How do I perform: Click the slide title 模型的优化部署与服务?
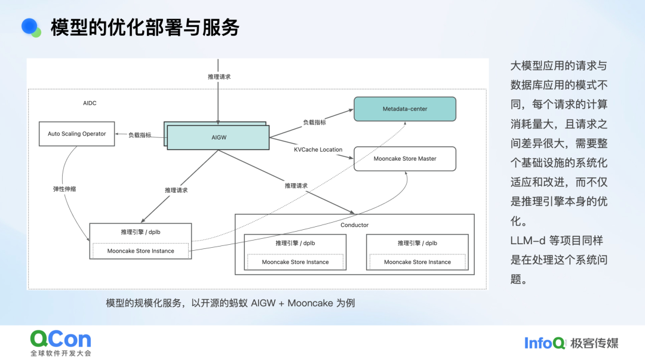coord(145,27)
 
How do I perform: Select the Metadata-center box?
coord(405,109)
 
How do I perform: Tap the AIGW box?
coord(219,137)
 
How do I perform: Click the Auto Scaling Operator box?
coord(76,134)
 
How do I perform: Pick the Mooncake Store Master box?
coord(404,159)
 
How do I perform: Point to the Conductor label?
coord(354,225)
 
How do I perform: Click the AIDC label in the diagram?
coord(90,103)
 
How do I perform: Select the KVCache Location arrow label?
coord(318,149)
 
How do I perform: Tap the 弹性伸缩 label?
coord(64,189)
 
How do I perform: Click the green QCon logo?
coord(61,339)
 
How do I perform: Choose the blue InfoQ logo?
coord(545,343)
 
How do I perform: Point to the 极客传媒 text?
coord(594,343)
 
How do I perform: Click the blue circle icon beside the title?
coord(30,26)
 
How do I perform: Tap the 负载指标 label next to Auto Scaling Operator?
coord(140,135)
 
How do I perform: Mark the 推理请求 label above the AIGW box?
coord(219,77)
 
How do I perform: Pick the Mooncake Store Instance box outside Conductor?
coord(140,251)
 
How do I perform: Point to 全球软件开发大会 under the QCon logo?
coord(61,353)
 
